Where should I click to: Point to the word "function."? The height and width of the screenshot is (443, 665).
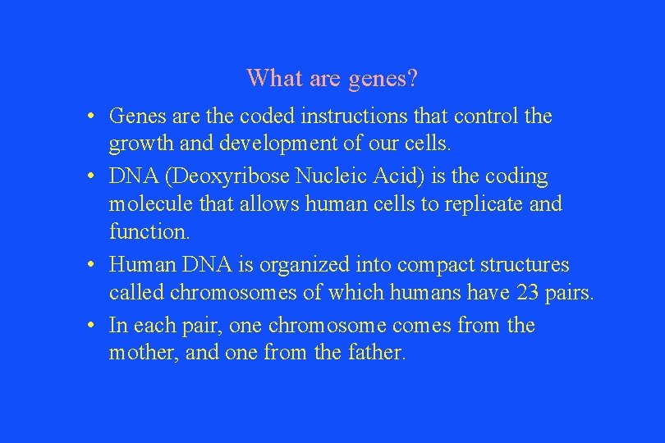coord(149,232)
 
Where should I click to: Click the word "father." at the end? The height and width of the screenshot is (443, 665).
coord(375,354)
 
